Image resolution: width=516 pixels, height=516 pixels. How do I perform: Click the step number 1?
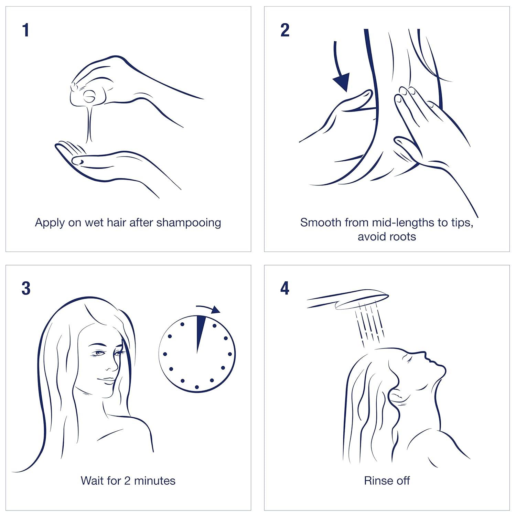(x=25, y=30)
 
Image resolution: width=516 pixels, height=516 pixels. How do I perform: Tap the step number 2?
(x=285, y=30)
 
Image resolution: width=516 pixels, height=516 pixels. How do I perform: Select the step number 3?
(x=26, y=288)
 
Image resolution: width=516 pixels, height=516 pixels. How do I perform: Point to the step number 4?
(x=285, y=288)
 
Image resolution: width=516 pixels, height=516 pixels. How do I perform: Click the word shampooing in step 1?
(x=189, y=223)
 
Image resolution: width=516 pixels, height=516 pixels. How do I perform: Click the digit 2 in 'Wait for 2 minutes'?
(x=128, y=481)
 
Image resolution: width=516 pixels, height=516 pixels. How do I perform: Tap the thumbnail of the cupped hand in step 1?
(x=78, y=160)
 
